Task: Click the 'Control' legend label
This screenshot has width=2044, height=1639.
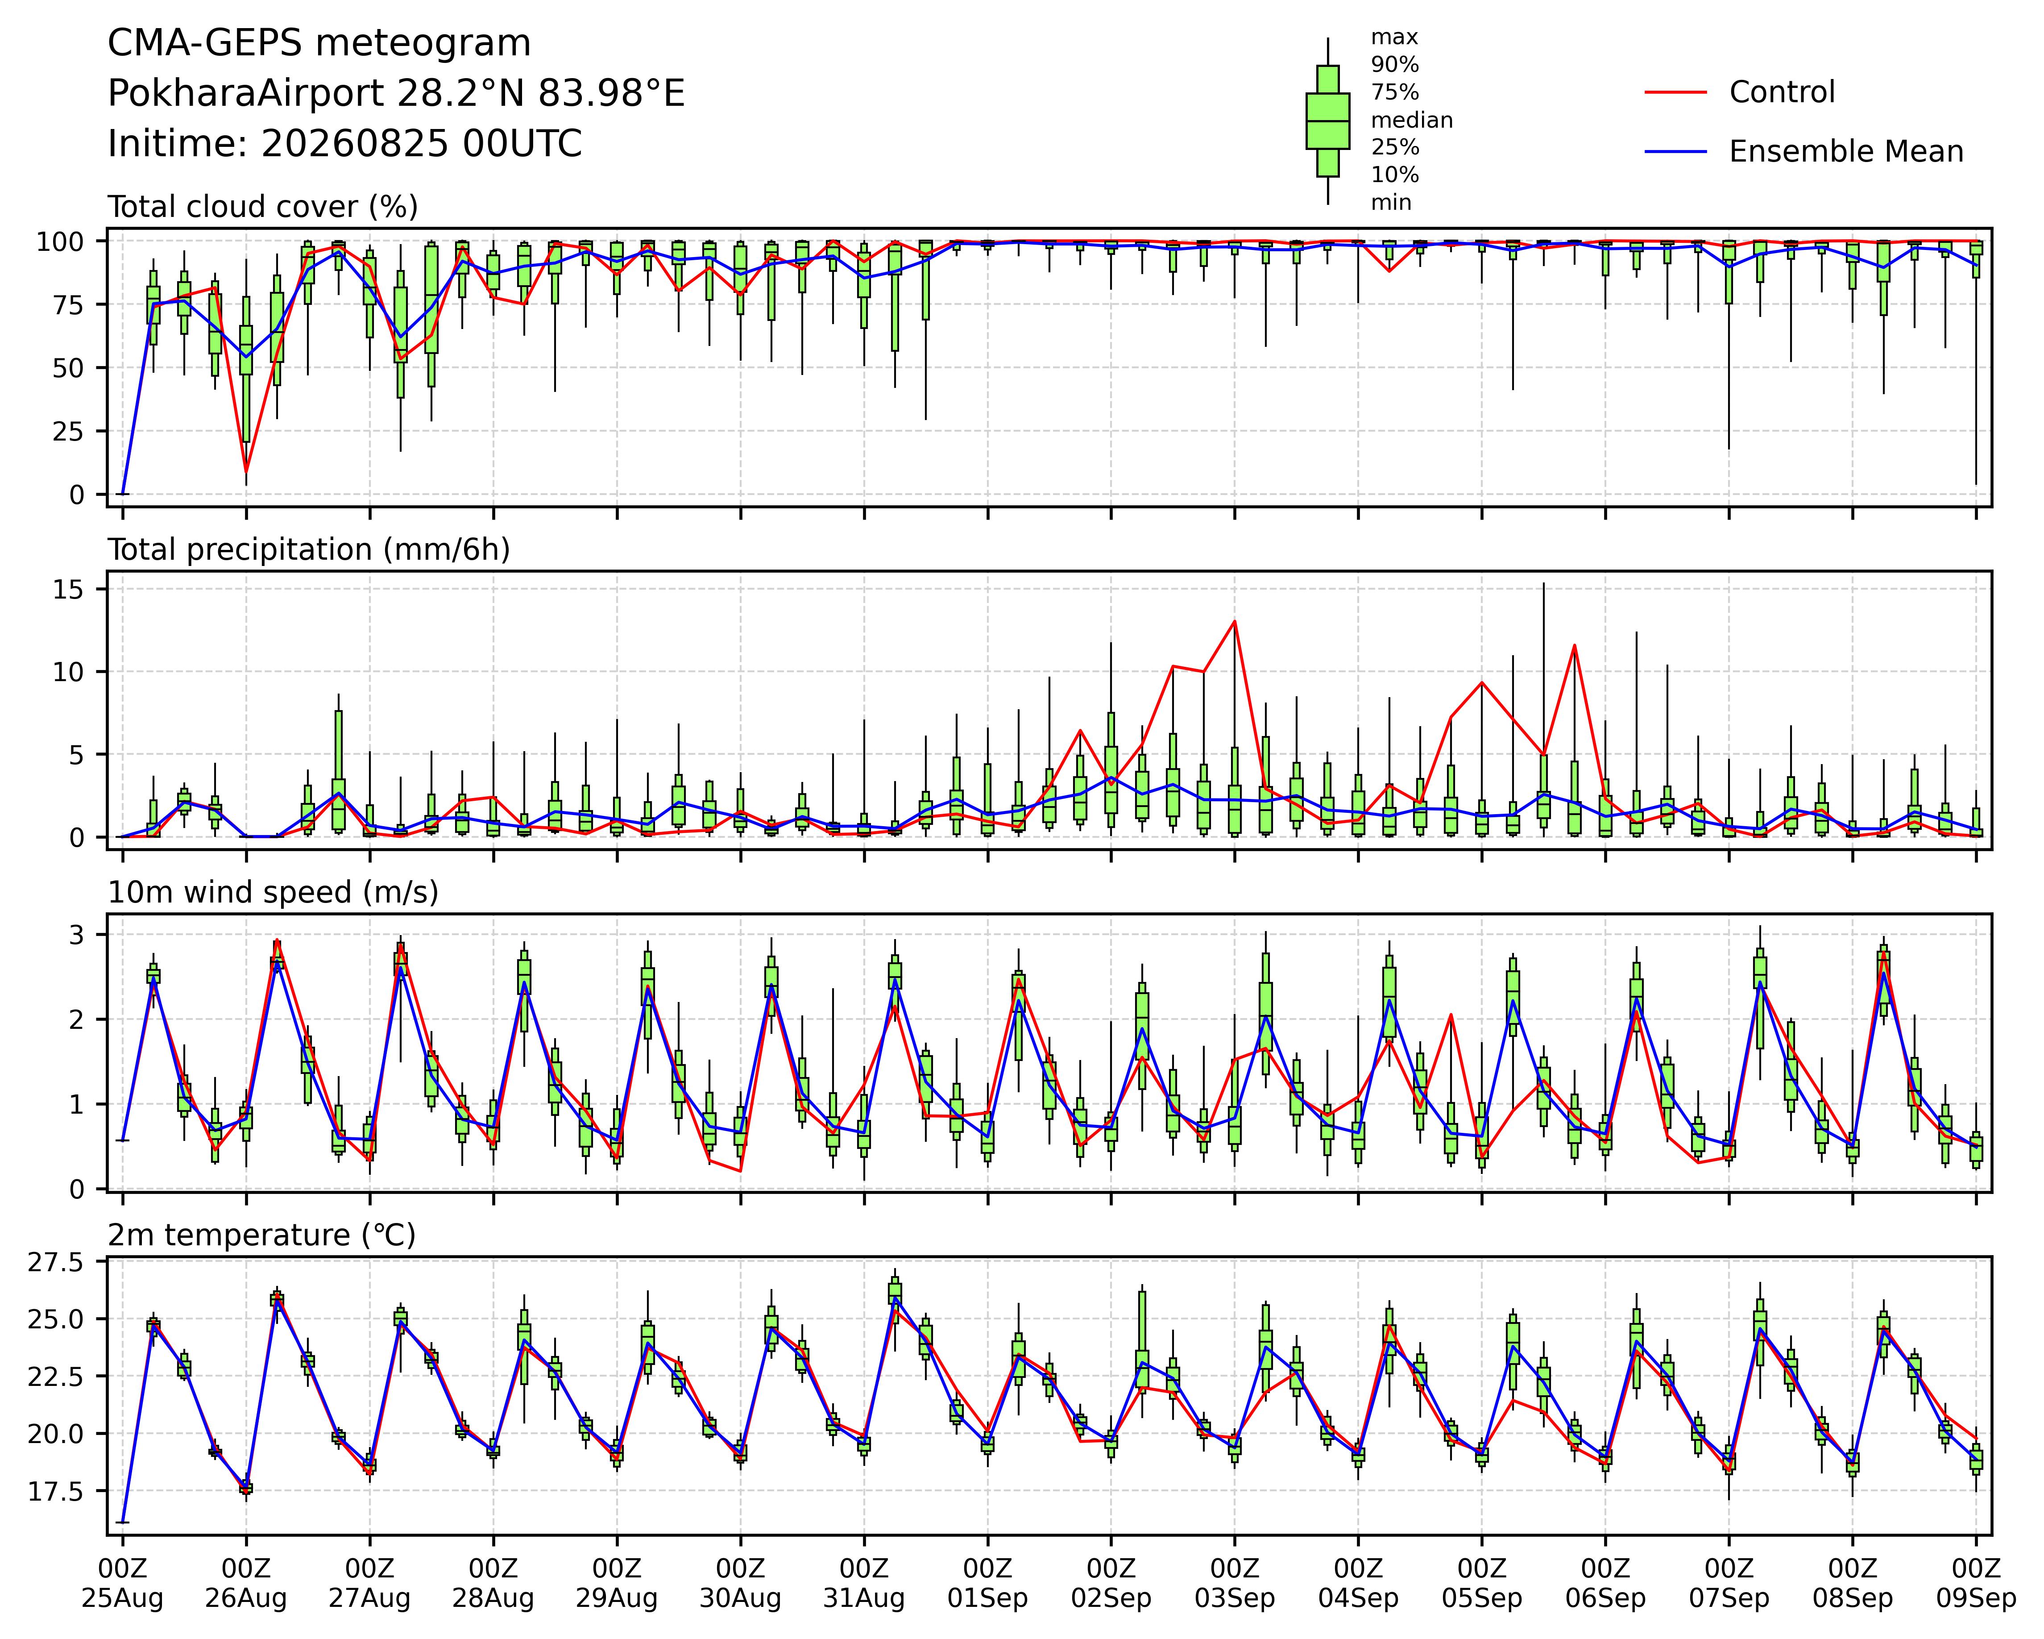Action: (1781, 92)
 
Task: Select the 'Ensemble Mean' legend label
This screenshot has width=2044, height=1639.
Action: (1846, 152)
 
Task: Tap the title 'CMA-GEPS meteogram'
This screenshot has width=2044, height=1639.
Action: (319, 44)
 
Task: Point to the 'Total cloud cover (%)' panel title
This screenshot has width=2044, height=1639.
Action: (263, 207)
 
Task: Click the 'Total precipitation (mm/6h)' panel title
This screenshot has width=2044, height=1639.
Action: (309, 550)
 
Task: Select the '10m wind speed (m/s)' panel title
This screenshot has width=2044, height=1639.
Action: (273, 893)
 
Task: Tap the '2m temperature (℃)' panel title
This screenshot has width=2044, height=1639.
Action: (261, 1235)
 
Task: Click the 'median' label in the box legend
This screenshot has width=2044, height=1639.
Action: (1412, 121)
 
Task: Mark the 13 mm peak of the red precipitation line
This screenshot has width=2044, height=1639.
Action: (1234, 621)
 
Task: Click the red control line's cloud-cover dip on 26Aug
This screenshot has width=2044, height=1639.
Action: (246, 471)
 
